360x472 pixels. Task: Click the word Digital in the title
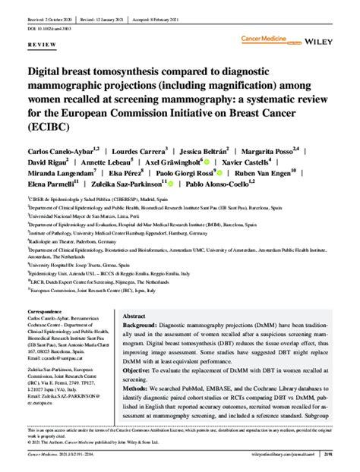[49, 72]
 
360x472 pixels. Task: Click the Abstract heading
[134, 316]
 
